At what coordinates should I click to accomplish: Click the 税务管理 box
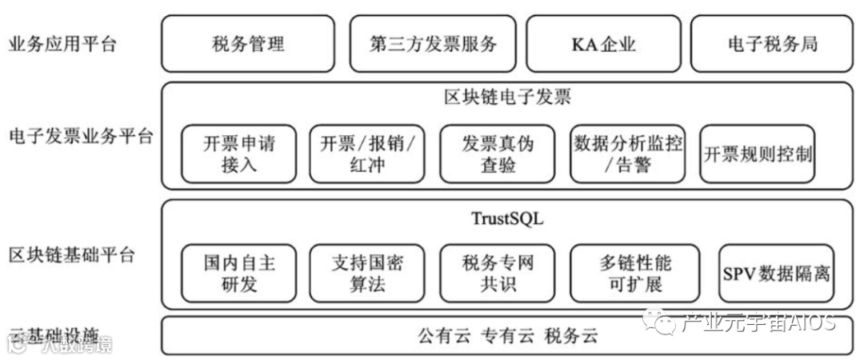coord(249,43)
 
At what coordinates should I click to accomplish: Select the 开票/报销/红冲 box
coord(367,154)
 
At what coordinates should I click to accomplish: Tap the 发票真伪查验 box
coord(498,154)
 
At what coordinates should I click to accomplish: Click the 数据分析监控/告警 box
coord(628,154)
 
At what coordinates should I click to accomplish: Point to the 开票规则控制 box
coord(757,154)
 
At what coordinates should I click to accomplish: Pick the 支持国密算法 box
coord(367,273)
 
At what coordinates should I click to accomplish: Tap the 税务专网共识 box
coord(498,273)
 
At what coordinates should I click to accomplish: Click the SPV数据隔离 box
coord(775,273)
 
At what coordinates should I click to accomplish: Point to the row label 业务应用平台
coord(62,43)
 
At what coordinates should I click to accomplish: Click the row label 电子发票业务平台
coord(79,136)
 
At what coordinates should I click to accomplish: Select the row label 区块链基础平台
coord(71,256)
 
